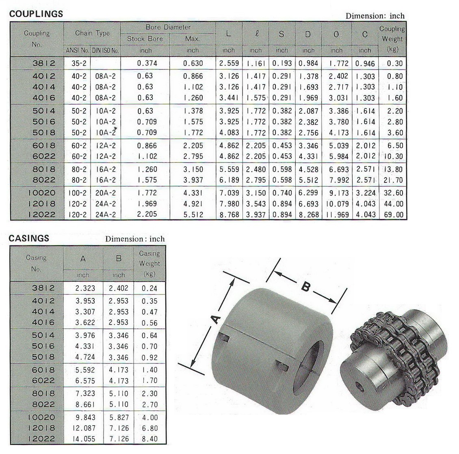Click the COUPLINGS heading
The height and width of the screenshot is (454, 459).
coord(36,14)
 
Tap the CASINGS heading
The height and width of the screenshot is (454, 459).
coord(29,238)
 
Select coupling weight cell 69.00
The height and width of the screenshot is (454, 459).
coord(394,215)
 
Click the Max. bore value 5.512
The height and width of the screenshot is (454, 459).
coord(193,215)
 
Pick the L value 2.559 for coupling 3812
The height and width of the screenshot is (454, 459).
coord(229,63)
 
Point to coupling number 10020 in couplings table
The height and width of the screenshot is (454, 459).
coord(41,193)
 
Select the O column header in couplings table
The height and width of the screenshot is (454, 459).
coord(336,34)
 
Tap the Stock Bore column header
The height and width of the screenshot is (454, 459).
coord(145,39)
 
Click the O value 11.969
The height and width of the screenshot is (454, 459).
coord(337,215)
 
